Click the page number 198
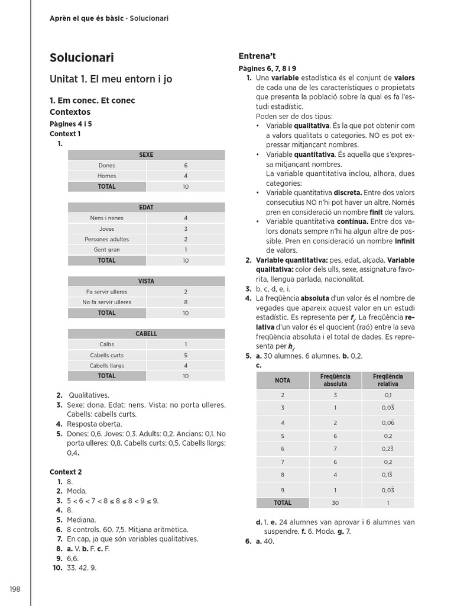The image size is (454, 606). pyautogui.click(x=15, y=589)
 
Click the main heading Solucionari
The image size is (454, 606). pyautogui.click(x=82, y=58)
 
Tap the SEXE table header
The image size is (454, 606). pyautogui.click(x=146, y=155)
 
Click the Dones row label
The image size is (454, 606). pyautogui.click(x=107, y=166)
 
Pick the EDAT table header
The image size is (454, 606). pyautogui.click(x=146, y=208)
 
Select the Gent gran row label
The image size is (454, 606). pyautogui.click(x=107, y=250)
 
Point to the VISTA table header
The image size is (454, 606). pyautogui.click(x=146, y=282)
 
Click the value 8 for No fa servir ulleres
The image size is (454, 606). pyautogui.click(x=186, y=302)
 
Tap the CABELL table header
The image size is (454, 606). pyautogui.click(x=146, y=334)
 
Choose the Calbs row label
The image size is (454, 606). pyautogui.click(x=107, y=344)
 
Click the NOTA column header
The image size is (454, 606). pyautogui.click(x=283, y=380)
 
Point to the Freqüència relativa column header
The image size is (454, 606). pyautogui.click(x=388, y=380)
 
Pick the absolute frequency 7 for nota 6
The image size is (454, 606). pyautogui.click(x=335, y=449)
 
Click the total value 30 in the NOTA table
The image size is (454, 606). pyautogui.click(x=335, y=503)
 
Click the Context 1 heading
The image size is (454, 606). pyautogui.click(x=65, y=134)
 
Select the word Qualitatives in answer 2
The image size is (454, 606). pyautogui.click(x=89, y=395)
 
